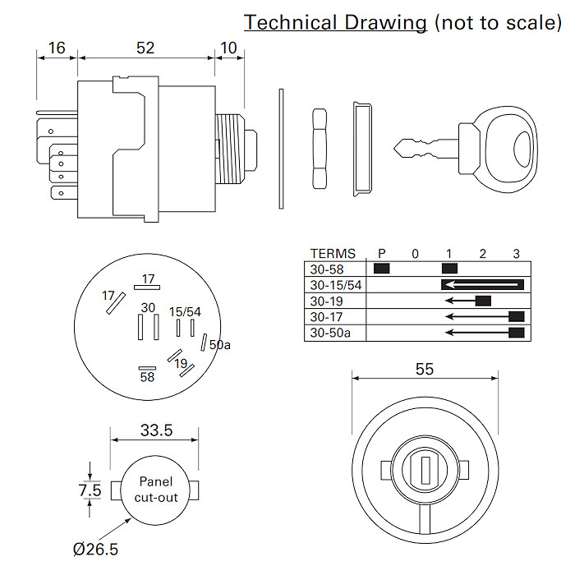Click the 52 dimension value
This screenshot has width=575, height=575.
point(145,48)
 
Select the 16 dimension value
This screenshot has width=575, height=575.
point(56,48)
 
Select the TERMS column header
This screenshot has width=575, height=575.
point(333,253)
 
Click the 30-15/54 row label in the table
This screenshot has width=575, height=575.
point(337,285)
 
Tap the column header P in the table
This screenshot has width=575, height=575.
point(381,253)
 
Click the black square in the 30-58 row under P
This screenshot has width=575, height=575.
point(381,268)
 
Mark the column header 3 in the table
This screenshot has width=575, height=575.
point(516,253)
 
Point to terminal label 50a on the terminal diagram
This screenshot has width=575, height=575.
point(220,345)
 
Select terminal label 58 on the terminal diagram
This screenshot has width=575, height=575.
point(147,377)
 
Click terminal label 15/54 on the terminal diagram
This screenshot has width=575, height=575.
point(185,311)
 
